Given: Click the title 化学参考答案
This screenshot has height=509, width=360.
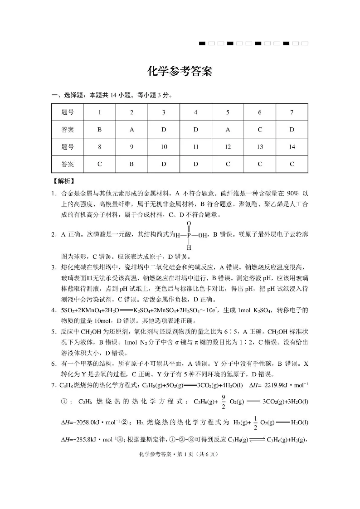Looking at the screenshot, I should [180, 72].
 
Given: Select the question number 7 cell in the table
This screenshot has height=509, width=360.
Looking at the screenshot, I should [292, 112].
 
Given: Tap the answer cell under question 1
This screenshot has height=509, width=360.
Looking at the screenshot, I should [99, 129].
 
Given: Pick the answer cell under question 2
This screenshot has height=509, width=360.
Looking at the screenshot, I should [131, 129].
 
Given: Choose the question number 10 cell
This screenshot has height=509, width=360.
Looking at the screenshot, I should [164, 147].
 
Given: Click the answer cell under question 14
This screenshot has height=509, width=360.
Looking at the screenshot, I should [292, 164].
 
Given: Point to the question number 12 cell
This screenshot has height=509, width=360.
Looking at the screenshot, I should [228, 147].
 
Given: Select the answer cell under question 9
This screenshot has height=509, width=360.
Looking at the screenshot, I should [131, 164].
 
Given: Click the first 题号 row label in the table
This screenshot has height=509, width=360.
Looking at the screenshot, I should [68, 112].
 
